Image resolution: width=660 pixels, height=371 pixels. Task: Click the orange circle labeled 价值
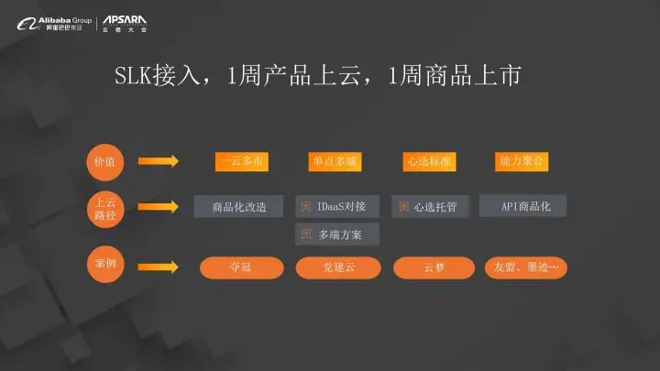[105, 160]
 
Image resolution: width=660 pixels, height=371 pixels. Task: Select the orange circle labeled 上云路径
[105, 207]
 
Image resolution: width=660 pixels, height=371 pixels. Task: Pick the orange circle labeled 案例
[105, 266]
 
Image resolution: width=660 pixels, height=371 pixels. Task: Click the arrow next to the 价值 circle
[161, 161]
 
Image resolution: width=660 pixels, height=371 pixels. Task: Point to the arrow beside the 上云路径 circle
[161, 207]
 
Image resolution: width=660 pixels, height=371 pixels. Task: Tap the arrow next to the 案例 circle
[161, 267]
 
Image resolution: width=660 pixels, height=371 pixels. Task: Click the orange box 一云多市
[239, 161]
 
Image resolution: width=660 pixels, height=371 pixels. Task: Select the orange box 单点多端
[334, 161]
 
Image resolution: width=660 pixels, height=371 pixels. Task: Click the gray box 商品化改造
[239, 207]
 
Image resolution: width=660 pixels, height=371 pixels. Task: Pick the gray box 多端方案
[335, 235]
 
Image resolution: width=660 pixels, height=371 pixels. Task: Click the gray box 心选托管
[431, 207]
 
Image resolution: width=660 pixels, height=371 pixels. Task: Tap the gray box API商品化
[523, 206]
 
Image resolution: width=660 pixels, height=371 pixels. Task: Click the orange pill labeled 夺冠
[239, 267]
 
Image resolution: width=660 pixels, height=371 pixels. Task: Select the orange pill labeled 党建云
[335, 267]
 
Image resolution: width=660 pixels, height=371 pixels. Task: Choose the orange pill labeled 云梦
[432, 267]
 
